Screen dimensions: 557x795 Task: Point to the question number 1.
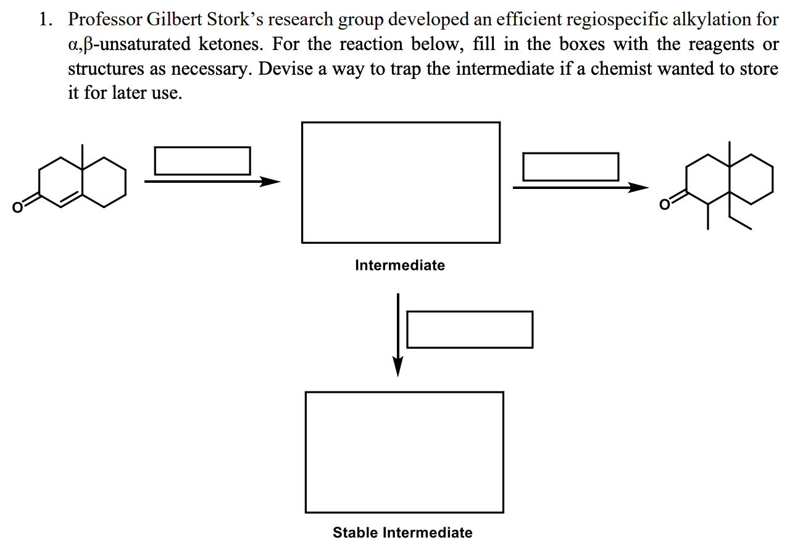point(45,19)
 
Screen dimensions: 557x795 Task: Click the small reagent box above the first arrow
point(202,161)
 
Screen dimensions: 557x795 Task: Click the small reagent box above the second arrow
point(570,167)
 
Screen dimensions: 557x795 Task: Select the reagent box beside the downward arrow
point(470,329)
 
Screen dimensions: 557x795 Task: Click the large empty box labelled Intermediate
point(401,182)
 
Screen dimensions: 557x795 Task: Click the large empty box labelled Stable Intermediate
point(404,452)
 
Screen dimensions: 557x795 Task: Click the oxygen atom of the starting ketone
point(19,207)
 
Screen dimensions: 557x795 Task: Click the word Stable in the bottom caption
point(356,532)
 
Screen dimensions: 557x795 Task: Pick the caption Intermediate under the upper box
point(400,266)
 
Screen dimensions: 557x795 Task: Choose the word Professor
point(105,19)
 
